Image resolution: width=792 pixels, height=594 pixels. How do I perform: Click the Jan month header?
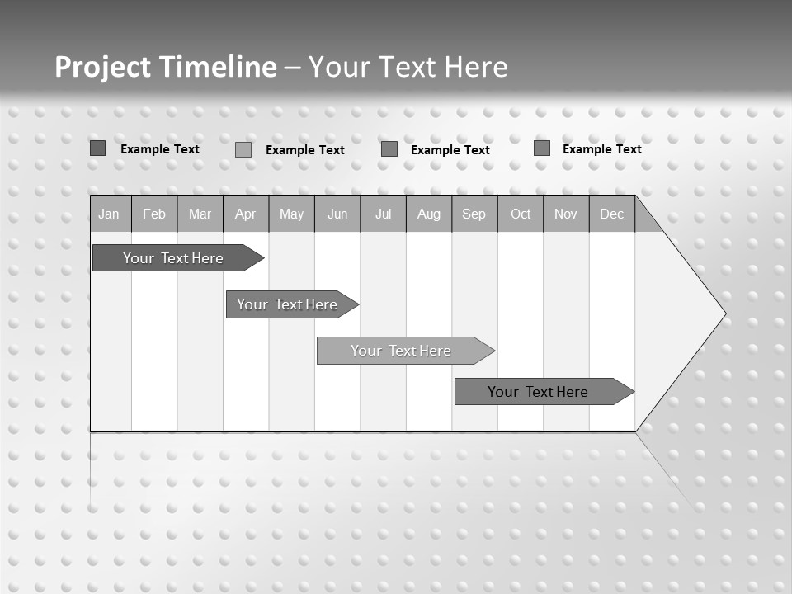point(109,214)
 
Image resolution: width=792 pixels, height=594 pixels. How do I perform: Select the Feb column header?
point(154,214)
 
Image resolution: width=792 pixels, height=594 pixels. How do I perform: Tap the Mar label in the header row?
point(200,214)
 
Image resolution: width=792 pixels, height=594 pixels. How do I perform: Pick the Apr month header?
point(245,214)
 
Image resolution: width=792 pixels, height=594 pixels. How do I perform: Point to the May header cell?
point(291,214)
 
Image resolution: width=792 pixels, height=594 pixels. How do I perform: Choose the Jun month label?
point(337,214)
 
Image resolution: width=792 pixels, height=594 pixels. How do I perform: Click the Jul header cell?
point(383,214)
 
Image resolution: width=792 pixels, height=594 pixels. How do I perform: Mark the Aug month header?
point(429,214)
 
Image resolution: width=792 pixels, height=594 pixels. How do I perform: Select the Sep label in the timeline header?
point(474,214)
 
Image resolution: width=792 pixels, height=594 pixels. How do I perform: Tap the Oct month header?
point(521,214)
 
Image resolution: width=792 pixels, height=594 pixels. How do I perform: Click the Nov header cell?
point(566,214)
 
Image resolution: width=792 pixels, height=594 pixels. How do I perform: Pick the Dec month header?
point(612,214)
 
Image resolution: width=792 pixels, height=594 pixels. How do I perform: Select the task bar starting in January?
point(173,258)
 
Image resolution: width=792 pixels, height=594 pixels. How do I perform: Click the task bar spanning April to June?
point(287,304)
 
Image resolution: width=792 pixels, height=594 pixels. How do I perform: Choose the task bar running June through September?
point(401,351)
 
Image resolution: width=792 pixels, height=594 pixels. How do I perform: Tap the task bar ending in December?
point(538,392)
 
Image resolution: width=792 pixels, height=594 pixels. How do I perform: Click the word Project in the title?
point(101,67)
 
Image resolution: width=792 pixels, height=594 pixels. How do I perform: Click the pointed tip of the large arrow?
point(724,313)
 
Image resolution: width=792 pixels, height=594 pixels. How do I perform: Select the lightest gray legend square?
point(243,149)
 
